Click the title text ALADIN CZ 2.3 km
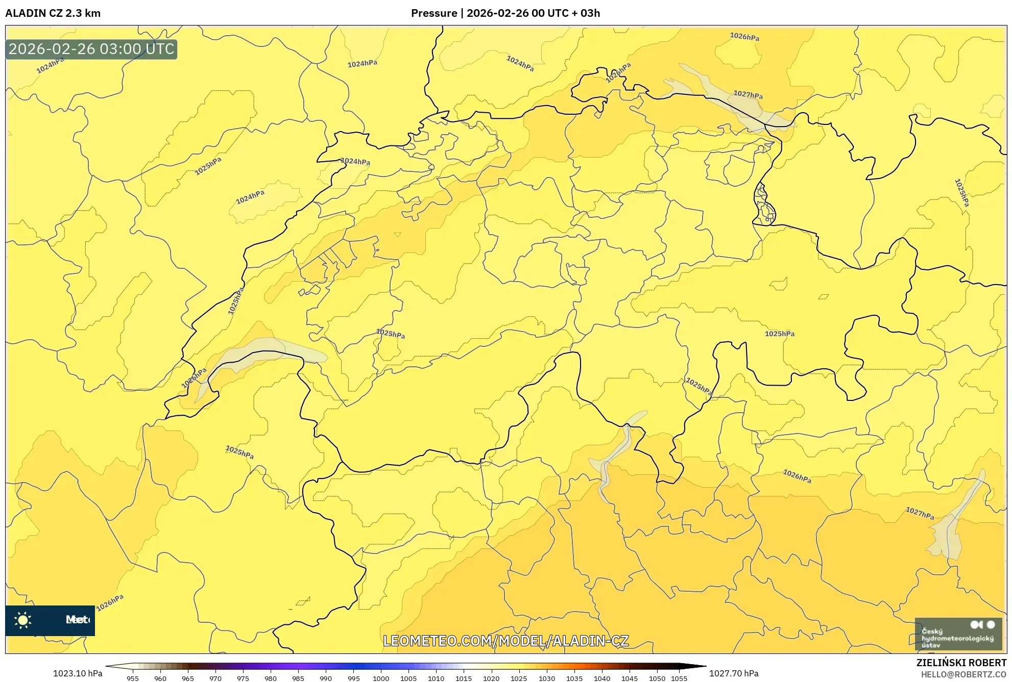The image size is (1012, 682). (x=53, y=13)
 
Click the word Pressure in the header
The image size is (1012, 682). (x=433, y=13)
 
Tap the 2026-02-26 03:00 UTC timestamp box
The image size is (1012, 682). (x=91, y=49)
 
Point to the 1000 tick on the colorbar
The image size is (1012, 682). (x=381, y=678)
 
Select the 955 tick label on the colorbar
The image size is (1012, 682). (x=133, y=678)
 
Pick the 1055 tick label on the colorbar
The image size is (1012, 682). (x=679, y=678)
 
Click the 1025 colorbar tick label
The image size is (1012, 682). (x=519, y=678)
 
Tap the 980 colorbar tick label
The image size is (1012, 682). (x=271, y=678)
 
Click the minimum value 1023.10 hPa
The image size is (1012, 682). (x=78, y=673)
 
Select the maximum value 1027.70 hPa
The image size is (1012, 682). (x=734, y=673)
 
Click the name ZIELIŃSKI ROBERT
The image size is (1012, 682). (x=961, y=663)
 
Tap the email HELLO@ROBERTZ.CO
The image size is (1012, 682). (x=963, y=674)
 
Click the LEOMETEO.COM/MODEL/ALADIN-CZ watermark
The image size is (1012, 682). (x=505, y=641)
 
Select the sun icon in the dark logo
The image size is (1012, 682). (x=23, y=620)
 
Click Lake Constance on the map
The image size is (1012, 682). (x=730, y=102)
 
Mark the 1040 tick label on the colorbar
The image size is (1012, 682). (x=602, y=678)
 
